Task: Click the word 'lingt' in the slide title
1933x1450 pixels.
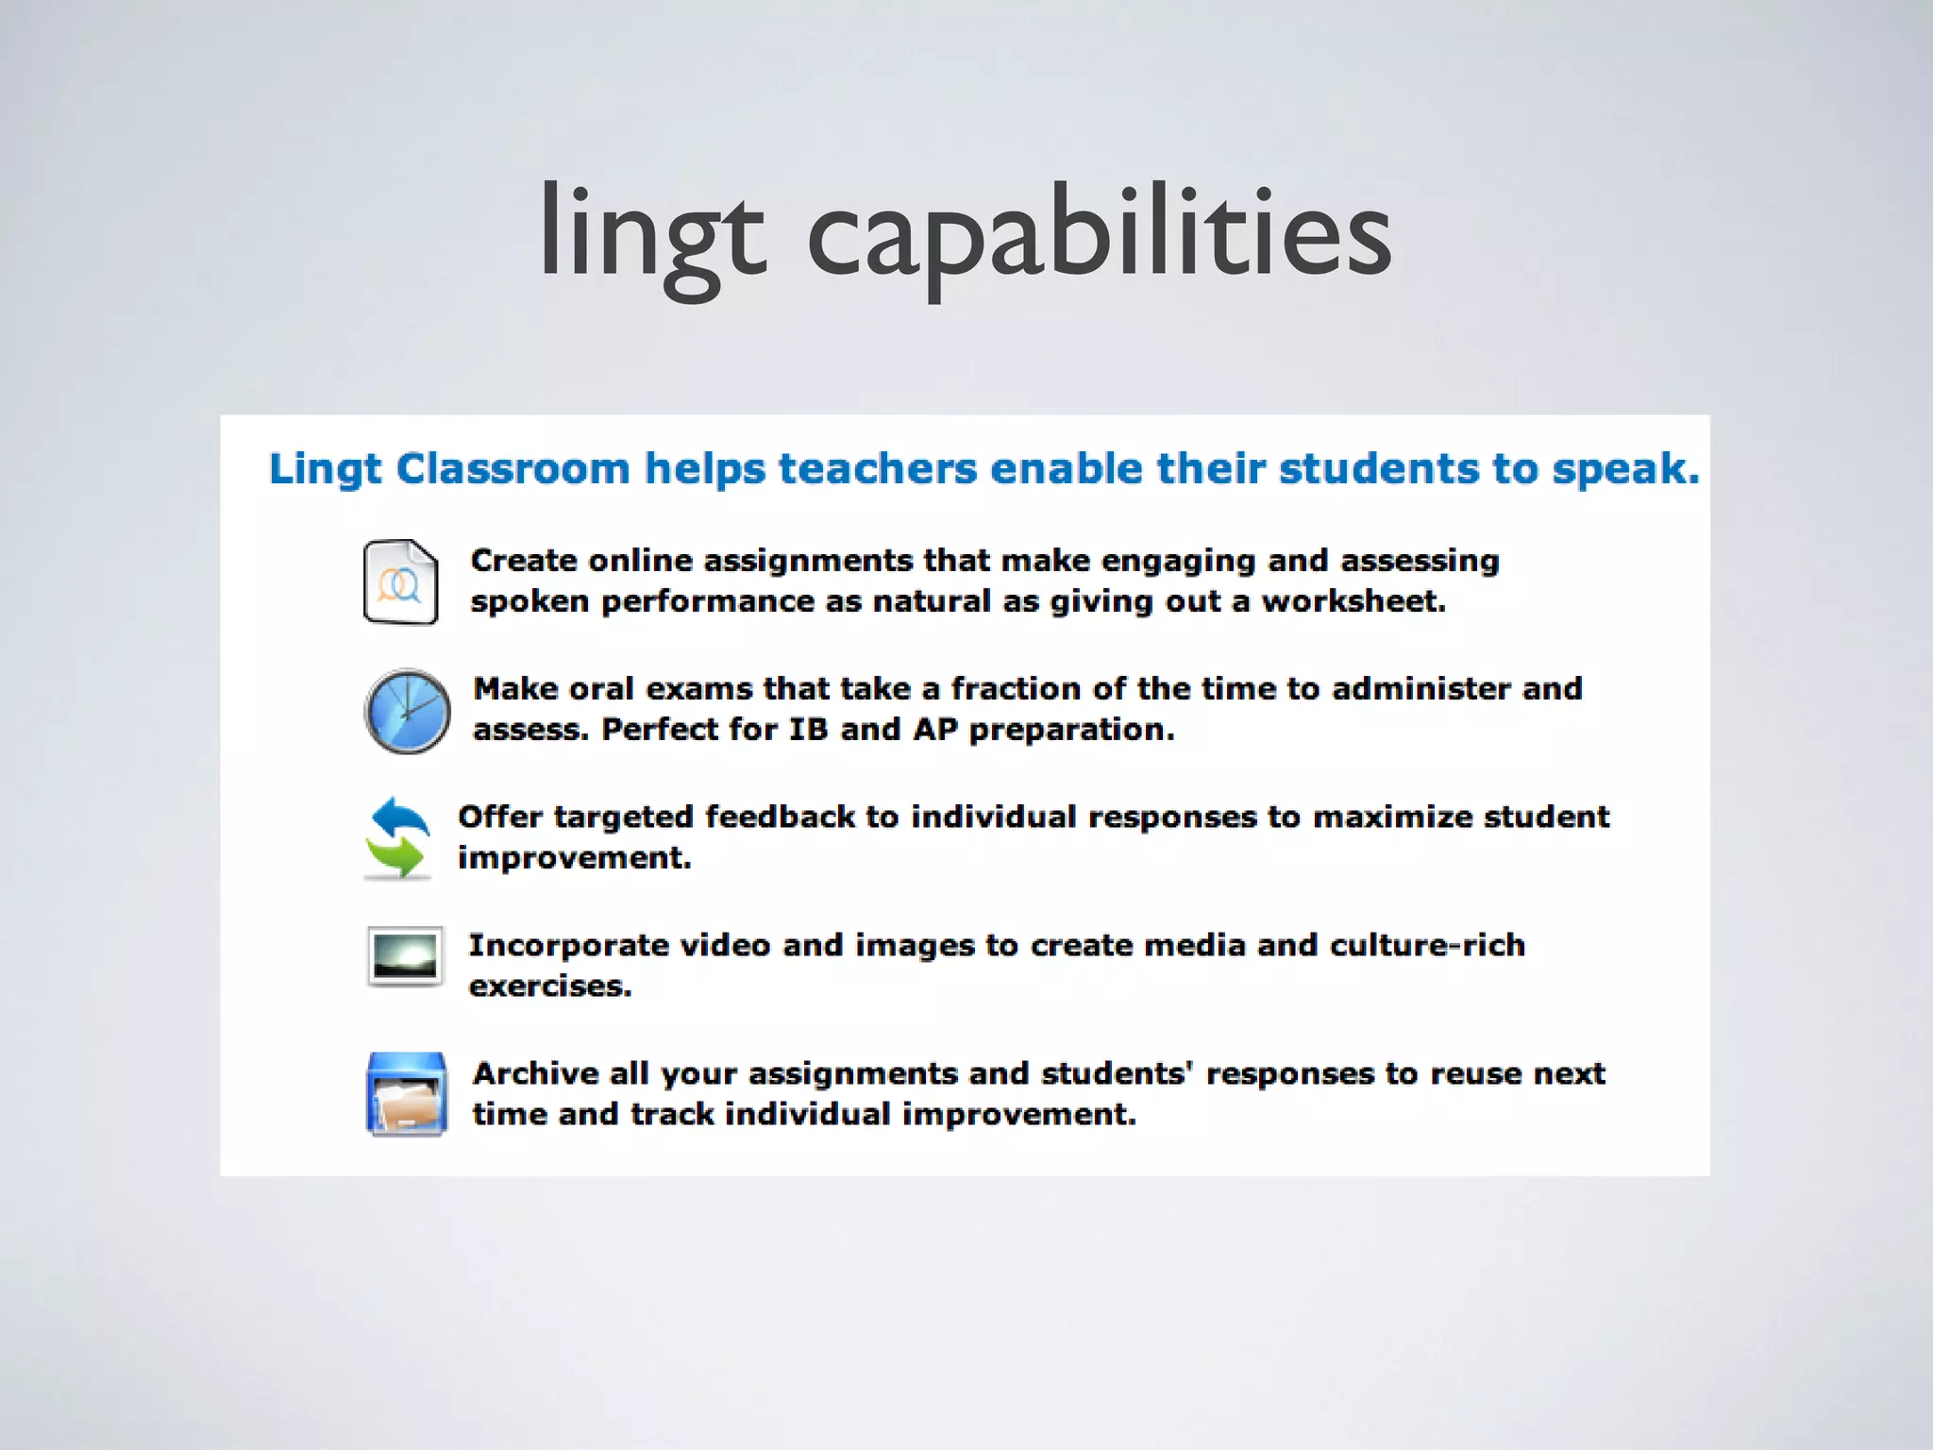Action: pyautogui.click(x=651, y=236)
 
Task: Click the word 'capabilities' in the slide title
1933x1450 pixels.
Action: pyautogui.click(x=1100, y=236)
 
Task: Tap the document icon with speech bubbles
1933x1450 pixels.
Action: pyautogui.click(x=401, y=582)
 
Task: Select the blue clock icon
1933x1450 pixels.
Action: pyautogui.click(x=408, y=711)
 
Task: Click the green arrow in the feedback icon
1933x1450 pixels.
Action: pyautogui.click(x=396, y=857)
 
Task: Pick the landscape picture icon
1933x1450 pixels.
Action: pyautogui.click(x=405, y=956)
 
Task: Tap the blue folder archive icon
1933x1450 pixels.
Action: pyautogui.click(x=407, y=1094)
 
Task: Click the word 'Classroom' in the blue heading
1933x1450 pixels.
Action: pyautogui.click(x=513, y=469)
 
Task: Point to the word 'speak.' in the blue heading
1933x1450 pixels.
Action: pyautogui.click(x=1625, y=469)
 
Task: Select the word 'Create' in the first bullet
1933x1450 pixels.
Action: pyautogui.click(x=524, y=561)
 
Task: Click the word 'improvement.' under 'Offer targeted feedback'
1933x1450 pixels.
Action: pyautogui.click(x=575, y=858)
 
